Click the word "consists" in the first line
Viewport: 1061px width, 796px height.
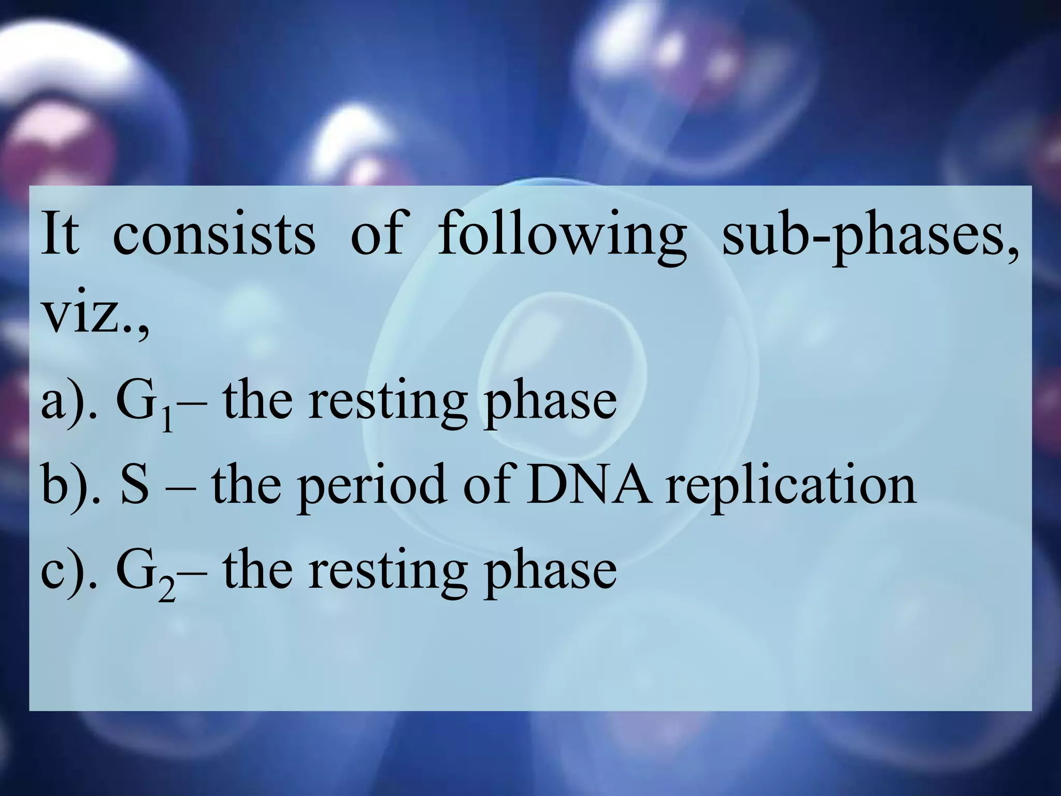tap(213, 234)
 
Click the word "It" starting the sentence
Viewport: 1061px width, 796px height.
tap(60, 234)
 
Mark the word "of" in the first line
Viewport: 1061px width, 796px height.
tap(376, 234)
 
